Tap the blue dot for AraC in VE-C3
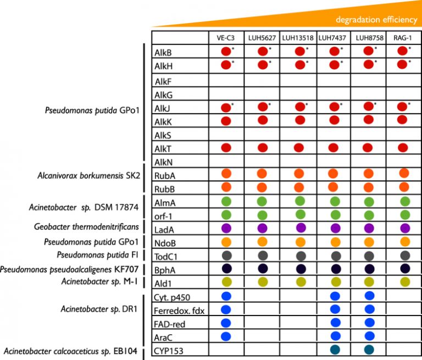[225, 336]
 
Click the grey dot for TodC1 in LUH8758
[368, 255]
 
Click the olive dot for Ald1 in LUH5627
[262, 281]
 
